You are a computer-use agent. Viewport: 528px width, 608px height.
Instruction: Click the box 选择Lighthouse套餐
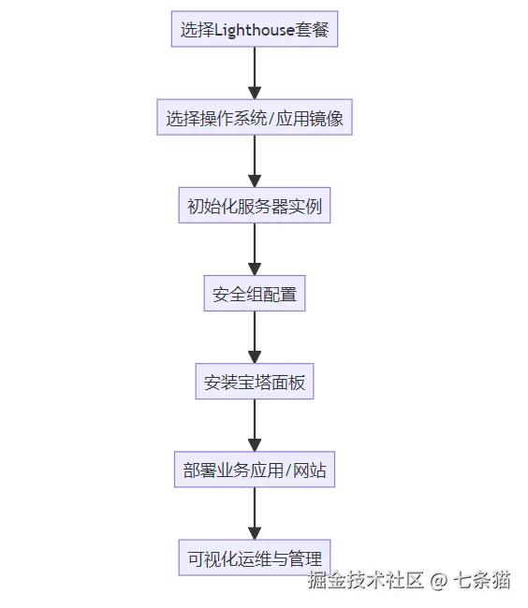tap(255, 30)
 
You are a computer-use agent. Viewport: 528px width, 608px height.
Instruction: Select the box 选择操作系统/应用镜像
tap(255, 119)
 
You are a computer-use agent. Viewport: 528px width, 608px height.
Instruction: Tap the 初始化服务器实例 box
tap(255, 207)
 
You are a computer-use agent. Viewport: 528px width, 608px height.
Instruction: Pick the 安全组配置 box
tap(255, 295)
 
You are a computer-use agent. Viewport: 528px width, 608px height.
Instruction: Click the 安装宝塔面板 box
tap(255, 383)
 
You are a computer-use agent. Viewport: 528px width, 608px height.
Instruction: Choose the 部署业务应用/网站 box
tap(255, 470)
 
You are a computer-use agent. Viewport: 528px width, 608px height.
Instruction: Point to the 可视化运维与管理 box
tap(255, 559)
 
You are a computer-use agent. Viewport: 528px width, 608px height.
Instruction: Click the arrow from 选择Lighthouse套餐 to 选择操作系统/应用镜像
tap(255, 74)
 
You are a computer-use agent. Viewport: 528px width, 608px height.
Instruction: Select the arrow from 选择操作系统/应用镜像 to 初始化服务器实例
tap(255, 162)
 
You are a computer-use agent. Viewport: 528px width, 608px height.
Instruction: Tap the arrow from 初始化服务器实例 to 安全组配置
tap(255, 250)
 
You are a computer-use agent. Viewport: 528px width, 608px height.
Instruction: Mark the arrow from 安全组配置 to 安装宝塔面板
tap(255, 338)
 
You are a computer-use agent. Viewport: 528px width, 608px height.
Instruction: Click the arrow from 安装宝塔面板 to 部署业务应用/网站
tap(255, 427)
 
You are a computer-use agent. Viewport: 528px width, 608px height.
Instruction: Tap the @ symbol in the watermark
tap(439, 581)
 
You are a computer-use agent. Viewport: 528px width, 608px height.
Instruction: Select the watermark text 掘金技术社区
tap(367, 581)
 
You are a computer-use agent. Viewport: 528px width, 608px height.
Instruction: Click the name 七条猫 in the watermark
tap(482, 581)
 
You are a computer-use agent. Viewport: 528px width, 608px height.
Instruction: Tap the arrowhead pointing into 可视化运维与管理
tap(255, 534)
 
